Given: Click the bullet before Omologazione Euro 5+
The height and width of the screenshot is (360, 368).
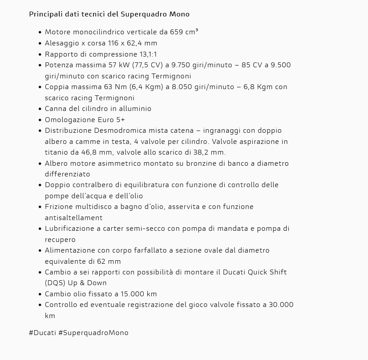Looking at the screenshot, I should point(40,120).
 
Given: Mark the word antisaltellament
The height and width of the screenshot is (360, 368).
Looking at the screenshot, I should point(74,218).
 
